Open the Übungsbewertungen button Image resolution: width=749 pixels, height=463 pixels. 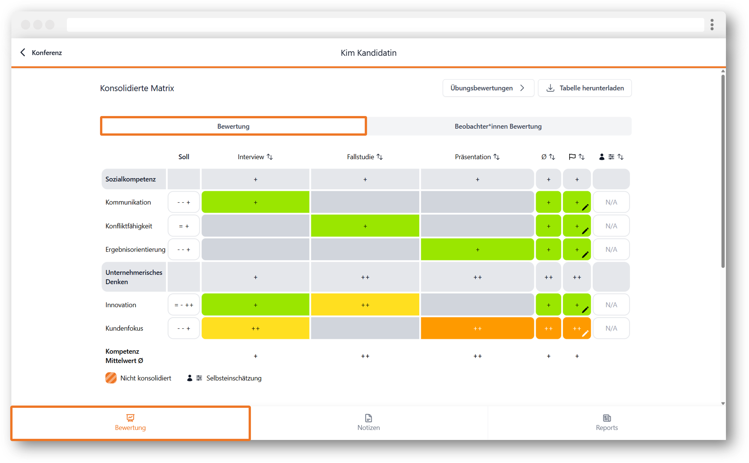point(488,88)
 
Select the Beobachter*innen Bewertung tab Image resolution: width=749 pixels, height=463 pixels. point(498,126)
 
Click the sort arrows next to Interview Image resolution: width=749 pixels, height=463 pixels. point(270,157)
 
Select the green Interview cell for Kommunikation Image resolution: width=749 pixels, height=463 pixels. point(255,202)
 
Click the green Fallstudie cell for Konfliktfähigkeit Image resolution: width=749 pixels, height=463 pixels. point(365,226)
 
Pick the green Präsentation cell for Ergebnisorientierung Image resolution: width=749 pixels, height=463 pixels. point(477,250)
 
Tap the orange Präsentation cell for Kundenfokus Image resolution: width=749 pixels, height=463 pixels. point(477,328)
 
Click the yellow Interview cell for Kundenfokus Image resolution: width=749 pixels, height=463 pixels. point(255,328)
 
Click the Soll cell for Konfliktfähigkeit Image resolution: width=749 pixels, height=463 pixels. point(184,226)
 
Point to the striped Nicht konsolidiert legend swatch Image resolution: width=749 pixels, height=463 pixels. point(111,378)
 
